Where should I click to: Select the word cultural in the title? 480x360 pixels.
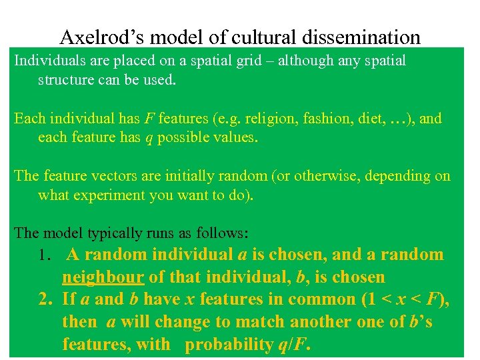257,37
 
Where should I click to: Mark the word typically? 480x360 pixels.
105,234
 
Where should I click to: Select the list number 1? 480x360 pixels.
45,255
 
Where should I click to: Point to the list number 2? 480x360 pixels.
45,299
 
